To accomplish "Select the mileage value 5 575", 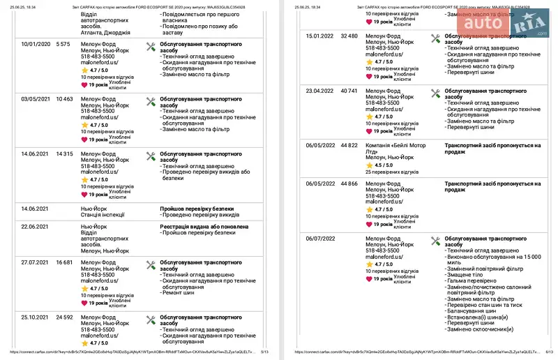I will pyautogui.click(x=63, y=44).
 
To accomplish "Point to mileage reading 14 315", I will pyautogui.click(x=65, y=153).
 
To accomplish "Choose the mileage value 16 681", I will pyautogui.click(x=65, y=262).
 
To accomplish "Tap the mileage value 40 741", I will pyautogui.click(x=349, y=91).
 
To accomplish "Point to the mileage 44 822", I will pyautogui.click(x=349, y=145).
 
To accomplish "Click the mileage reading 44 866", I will pyautogui.click(x=349, y=183).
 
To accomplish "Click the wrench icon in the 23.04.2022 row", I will pyautogui.click(x=435, y=93).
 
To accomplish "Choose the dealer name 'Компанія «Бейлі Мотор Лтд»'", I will pyautogui.click(x=395, y=149).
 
